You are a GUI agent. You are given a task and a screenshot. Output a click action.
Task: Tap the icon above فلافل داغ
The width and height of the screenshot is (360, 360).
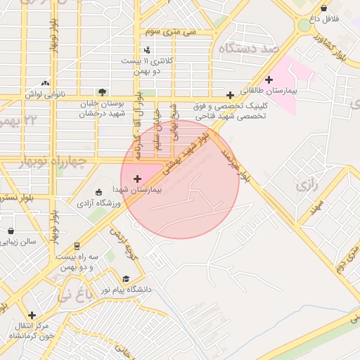[x=323, y=8]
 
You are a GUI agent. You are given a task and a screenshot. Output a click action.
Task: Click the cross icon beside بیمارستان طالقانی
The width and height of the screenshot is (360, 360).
[x=269, y=79]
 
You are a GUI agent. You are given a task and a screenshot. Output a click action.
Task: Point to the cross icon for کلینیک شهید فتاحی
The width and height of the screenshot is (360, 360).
[x=230, y=95]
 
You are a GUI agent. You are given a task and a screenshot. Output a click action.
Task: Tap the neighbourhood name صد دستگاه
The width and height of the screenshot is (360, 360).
[x=249, y=48]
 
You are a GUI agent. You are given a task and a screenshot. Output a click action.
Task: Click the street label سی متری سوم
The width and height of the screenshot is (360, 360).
[x=172, y=32]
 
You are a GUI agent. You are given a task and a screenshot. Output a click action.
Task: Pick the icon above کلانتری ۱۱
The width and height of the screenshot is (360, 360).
[x=147, y=49]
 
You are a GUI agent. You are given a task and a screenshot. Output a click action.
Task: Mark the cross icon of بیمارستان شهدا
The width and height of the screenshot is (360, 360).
[x=137, y=179]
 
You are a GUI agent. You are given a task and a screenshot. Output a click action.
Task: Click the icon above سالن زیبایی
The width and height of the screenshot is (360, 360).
[x=11, y=230]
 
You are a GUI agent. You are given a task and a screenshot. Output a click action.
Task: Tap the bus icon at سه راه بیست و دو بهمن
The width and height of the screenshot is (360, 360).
[x=77, y=246]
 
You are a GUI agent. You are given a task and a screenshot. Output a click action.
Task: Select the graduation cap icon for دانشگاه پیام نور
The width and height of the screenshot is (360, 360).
[x=126, y=278]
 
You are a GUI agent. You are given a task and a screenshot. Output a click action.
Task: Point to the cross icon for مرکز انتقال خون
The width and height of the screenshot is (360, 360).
[x=32, y=315]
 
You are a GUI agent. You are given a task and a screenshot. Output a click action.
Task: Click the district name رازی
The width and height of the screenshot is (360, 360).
[x=308, y=186]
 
